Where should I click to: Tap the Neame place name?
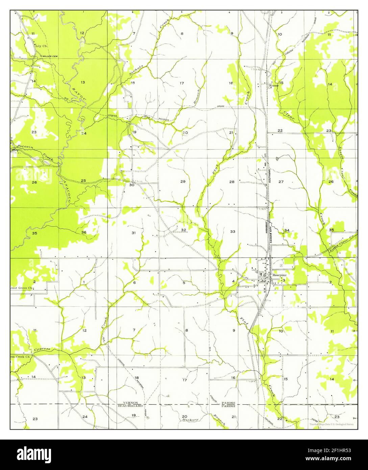[273, 86]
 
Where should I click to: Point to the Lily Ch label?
[41, 45]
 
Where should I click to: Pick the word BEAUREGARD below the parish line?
[130, 405]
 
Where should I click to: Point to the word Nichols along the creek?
[137, 69]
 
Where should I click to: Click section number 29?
[183, 182]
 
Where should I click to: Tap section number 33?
[232, 232]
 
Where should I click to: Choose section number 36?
[83, 232]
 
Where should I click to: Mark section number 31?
[133, 233]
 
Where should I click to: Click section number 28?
[232, 182]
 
